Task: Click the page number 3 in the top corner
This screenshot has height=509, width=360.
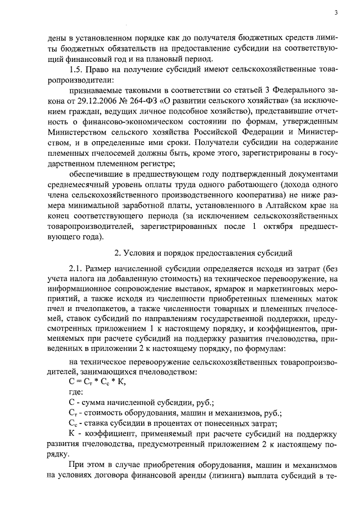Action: click(x=336, y=12)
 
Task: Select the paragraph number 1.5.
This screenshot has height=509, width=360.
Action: click(x=76, y=70)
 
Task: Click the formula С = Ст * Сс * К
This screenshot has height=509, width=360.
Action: click(x=97, y=382)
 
